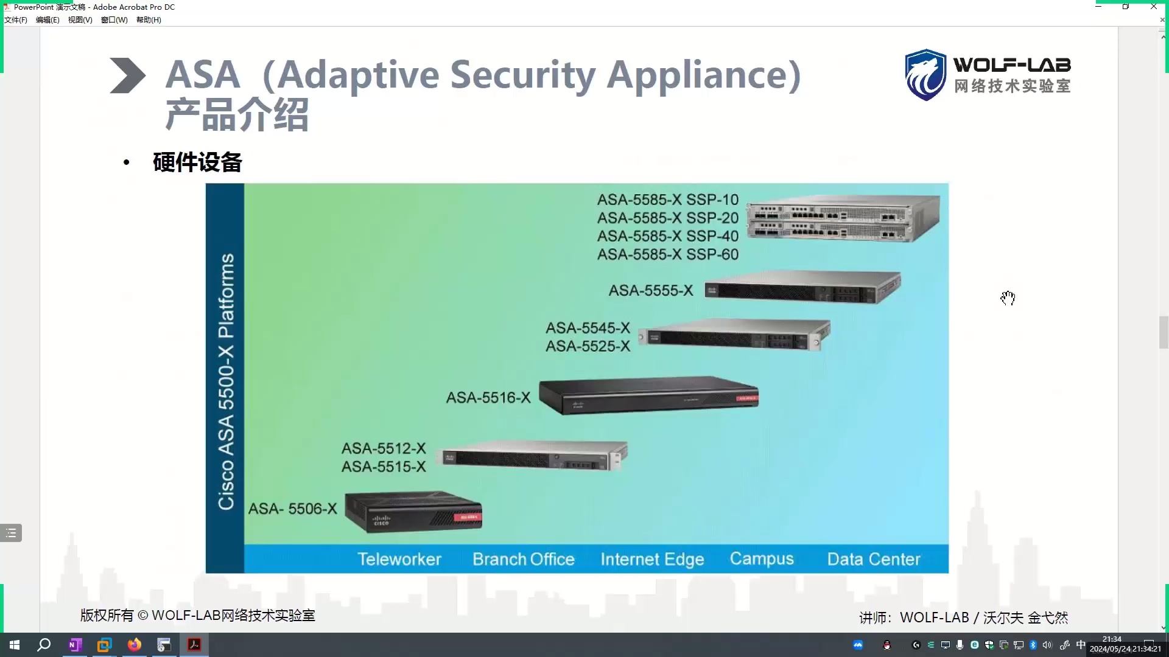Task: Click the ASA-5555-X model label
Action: [x=651, y=291]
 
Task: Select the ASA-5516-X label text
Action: [x=488, y=398]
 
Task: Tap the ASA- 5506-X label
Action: [x=292, y=509]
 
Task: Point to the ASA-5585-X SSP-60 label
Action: [x=667, y=254]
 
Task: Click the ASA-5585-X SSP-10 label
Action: [x=667, y=200]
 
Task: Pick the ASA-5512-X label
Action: [x=384, y=448]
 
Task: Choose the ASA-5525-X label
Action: [x=588, y=346]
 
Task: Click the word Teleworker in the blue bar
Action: [x=399, y=559]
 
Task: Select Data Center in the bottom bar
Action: [x=873, y=559]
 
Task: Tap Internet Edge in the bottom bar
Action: [x=652, y=559]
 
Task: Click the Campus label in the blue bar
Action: [x=762, y=558]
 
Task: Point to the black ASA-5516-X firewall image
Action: [x=648, y=395]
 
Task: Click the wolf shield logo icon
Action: [x=925, y=75]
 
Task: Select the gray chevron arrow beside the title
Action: [x=127, y=75]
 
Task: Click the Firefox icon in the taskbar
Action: [x=135, y=645]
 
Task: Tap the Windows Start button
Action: [x=15, y=645]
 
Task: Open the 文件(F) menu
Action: [x=16, y=20]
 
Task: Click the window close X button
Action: [x=1153, y=7]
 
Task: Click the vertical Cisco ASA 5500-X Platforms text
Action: [x=226, y=381]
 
